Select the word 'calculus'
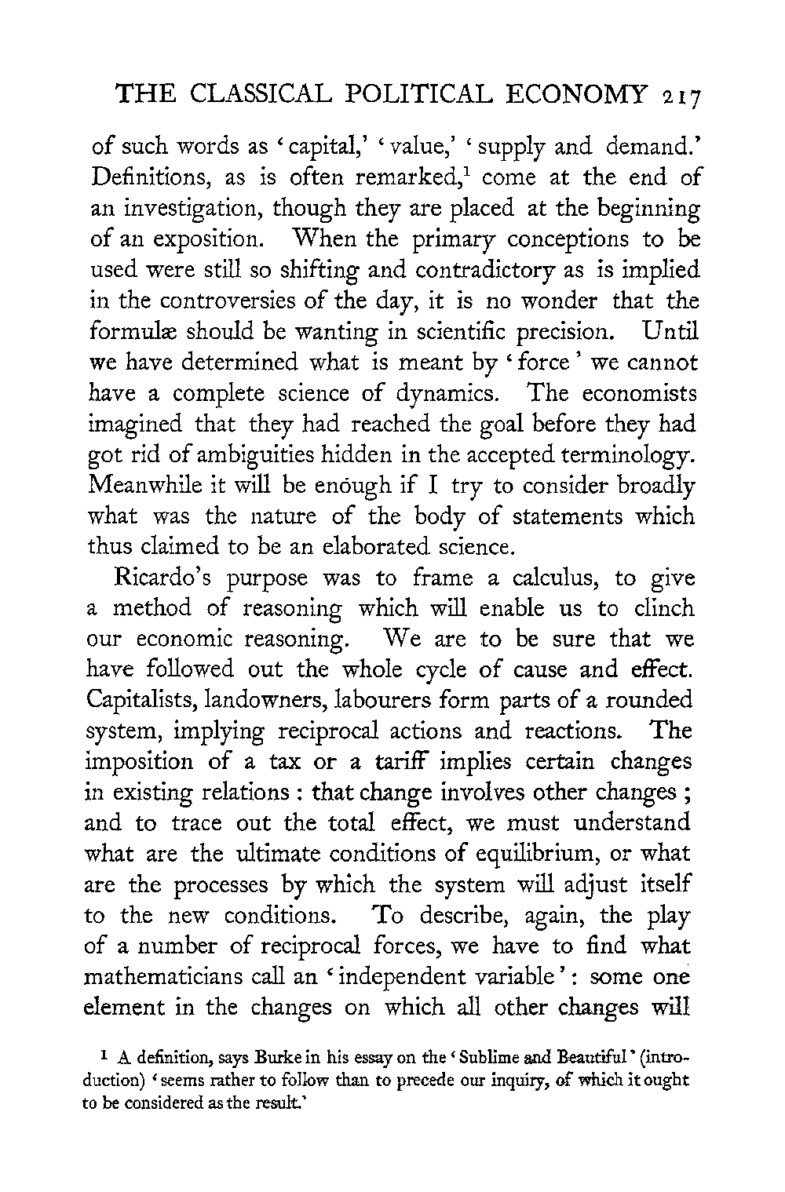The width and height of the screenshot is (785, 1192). pos(551,578)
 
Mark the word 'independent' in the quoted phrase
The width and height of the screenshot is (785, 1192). pos(400,977)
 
